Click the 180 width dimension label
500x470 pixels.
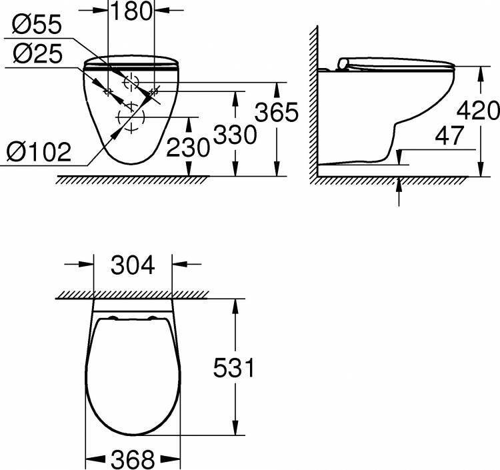coord(131,11)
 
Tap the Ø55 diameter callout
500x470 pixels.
coord(37,25)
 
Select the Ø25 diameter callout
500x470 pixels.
coord(37,53)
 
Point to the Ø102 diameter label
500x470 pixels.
coord(38,151)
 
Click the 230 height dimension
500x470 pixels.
coord(188,147)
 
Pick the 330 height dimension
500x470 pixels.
coord(235,135)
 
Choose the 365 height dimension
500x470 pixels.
coord(277,112)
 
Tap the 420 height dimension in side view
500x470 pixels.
coord(478,110)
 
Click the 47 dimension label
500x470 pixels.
coord(449,135)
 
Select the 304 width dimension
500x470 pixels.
coord(133,265)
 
